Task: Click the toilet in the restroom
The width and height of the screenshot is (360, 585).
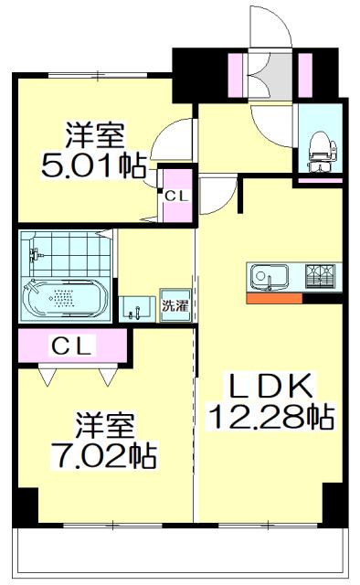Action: (320, 149)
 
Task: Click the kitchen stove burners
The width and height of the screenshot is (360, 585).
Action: (321, 274)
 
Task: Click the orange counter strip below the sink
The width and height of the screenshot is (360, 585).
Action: (273, 297)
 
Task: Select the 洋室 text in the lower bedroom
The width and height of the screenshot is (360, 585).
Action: (105, 425)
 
